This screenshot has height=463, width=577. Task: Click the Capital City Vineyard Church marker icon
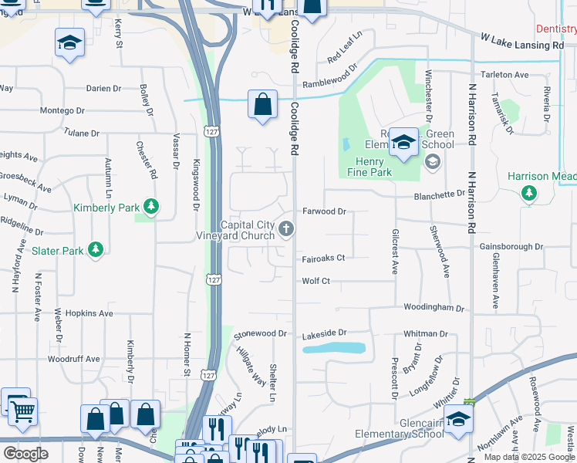tap(287, 228)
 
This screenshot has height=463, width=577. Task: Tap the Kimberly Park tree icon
tap(153, 206)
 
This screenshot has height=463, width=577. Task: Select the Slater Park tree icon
tap(96, 249)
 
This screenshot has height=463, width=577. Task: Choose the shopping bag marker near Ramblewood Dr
tap(262, 103)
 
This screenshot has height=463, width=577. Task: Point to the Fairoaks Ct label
tap(323, 258)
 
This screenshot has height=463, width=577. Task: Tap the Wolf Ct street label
tap(315, 281)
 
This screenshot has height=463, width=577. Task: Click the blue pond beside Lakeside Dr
tap(334, 348)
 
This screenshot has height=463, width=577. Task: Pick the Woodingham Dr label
tap(434, 308)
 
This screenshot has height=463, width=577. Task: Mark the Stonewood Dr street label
tap(261, 334)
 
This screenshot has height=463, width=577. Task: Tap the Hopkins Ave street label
tap(89, 313)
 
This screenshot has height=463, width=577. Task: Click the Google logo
tap(25, 454)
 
